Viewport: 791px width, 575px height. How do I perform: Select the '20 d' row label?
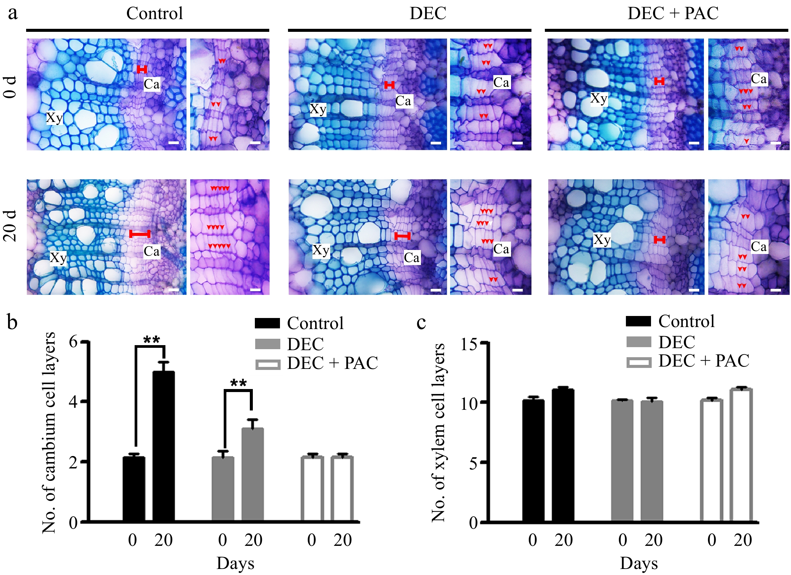pos(10,227)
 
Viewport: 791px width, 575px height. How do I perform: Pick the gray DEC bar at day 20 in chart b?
pos(253,474)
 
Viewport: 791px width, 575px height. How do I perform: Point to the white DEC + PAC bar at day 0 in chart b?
pos(312,489)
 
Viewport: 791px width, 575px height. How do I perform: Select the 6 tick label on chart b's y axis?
pos(73,341)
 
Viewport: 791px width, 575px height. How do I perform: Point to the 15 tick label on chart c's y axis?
pos(469,344)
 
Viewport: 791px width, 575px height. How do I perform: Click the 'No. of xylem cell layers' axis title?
pos(439,433)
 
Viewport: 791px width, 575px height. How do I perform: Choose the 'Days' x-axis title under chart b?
pos(235,563)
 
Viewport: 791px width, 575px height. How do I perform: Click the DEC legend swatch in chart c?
pos(639,342)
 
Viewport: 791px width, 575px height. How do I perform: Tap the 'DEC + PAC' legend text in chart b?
pos(332,363)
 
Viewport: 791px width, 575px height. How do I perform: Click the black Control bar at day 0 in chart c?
pos(533,460)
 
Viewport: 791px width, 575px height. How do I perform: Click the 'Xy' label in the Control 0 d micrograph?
pos(54,118)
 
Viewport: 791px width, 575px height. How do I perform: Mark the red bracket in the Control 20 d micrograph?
pos(140,234)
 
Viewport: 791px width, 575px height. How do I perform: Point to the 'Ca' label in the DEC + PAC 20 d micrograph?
pos(759,246)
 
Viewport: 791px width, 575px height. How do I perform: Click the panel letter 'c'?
pos(421,322)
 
